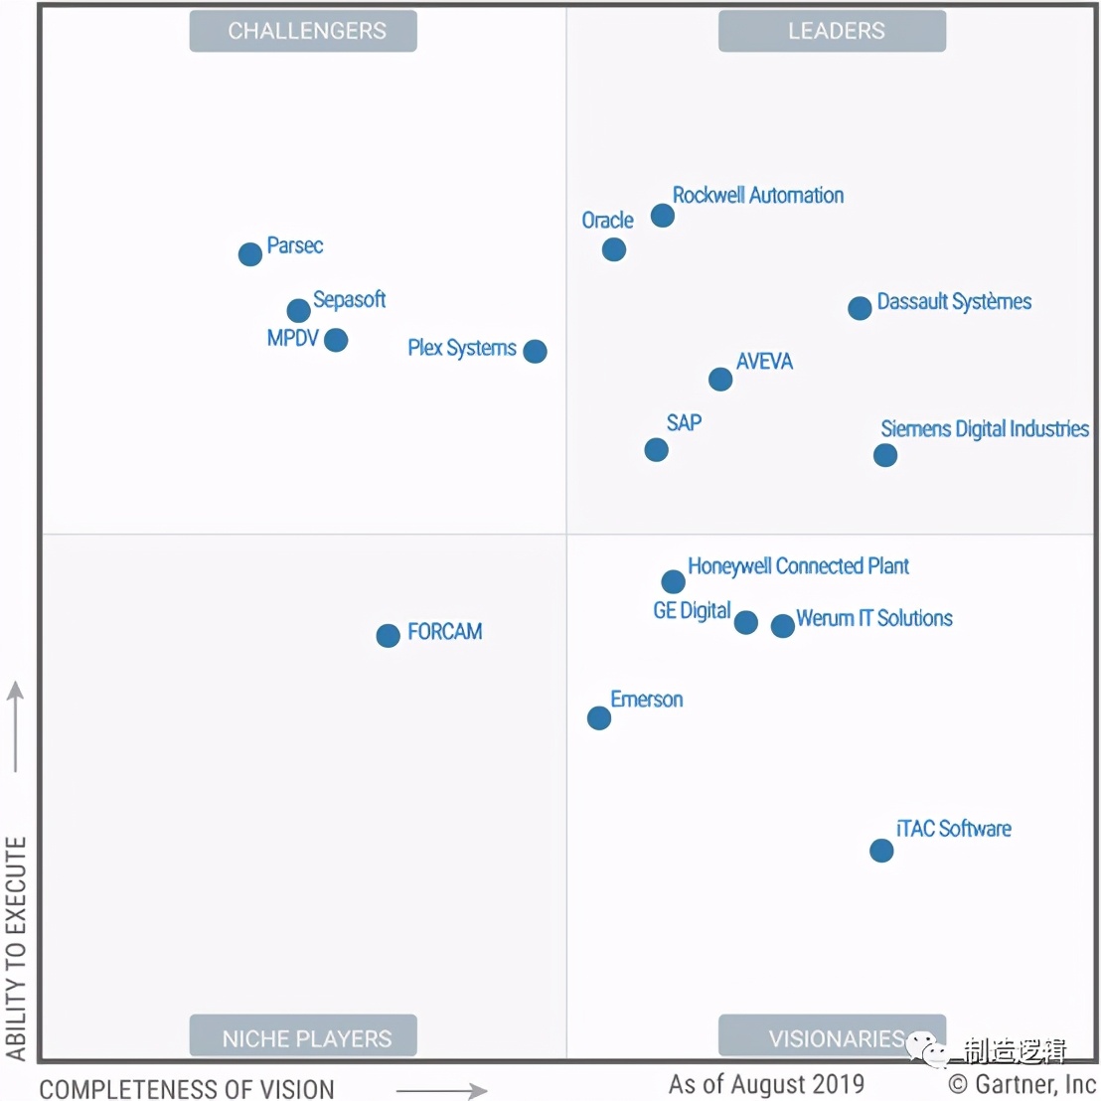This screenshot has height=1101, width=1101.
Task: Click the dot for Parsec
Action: (x=250, y=254)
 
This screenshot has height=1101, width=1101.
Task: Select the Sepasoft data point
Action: (x=298, y=310)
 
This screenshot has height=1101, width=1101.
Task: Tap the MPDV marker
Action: (x=336, y=340)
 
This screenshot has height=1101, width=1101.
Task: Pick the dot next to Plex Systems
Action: (x=535, y=351)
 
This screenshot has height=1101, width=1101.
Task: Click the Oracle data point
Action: (x=614, y=249)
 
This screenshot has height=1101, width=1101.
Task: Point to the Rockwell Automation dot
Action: (x=663, y=216)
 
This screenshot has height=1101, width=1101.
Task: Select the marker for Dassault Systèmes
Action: (x=860, y=308)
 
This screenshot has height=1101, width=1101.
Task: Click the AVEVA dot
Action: (x=720, y=379)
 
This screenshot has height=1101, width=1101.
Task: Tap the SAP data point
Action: (x=656, y=450)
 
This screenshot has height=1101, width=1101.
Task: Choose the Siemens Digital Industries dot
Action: (x=885, y=455)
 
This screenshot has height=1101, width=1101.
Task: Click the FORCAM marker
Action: (x=388, y=635)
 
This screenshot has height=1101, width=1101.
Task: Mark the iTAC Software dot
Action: (x=881, y=851)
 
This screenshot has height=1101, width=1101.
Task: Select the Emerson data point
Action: (x=599, y=717)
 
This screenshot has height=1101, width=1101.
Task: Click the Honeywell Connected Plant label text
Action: (x=798, y=566)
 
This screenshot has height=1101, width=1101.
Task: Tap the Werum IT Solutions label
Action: (x=874, y=618)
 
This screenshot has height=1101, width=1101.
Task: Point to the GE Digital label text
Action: (x=692, y=610)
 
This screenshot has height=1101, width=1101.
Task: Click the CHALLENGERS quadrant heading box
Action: (x=303, y=31)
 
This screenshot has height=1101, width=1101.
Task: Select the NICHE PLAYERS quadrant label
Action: (x=303, y=1038)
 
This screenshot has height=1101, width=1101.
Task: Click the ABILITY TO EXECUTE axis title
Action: (x=16, y=947)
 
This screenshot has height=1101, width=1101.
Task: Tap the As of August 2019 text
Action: (x=766, y=1084)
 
